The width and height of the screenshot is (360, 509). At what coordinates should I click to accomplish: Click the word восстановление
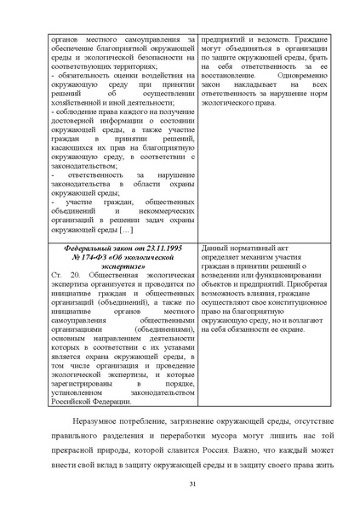[232, 74]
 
